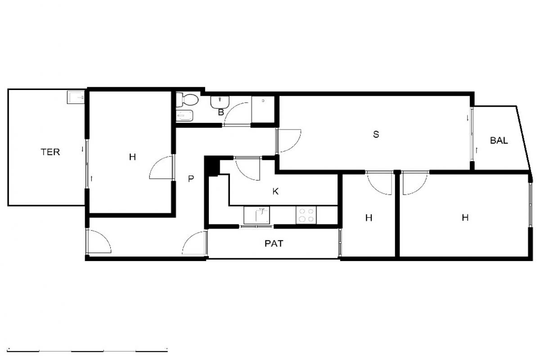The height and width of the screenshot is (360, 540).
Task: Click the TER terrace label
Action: (x=50, y=152)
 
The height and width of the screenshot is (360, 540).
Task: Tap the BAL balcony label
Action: (x=499, y=140)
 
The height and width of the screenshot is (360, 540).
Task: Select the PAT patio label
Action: (x=274, y=243)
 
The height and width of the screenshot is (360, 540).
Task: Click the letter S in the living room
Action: (x=376, y=134)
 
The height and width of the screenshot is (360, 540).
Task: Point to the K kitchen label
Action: (x=275, y=191)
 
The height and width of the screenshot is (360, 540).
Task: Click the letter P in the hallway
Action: (x=191, y=179)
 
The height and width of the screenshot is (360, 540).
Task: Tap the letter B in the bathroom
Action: (x=221, y=112)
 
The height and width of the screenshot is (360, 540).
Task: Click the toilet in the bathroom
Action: (x=187, y=100)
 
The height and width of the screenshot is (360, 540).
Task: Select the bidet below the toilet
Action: (x=184, y=117)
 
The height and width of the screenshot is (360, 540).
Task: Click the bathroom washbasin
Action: (x=220, y=102)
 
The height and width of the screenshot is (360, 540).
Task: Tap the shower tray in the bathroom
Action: (x=263, y=109)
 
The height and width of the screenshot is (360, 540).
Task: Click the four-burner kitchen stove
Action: (x=306, y=215)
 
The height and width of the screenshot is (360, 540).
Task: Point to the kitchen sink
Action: (x=257, y=215)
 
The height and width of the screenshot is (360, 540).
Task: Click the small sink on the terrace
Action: (x=76, y=97)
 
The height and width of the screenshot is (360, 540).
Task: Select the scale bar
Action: (x=87, y=351)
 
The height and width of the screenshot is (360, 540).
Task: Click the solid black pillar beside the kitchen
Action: (x=212, y=166)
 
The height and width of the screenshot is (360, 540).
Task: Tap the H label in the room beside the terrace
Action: (x=132, y=157)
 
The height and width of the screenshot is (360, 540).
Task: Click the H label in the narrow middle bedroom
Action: (x=369, y=218)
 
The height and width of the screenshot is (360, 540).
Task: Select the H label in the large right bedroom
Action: (x=465, y=218)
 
